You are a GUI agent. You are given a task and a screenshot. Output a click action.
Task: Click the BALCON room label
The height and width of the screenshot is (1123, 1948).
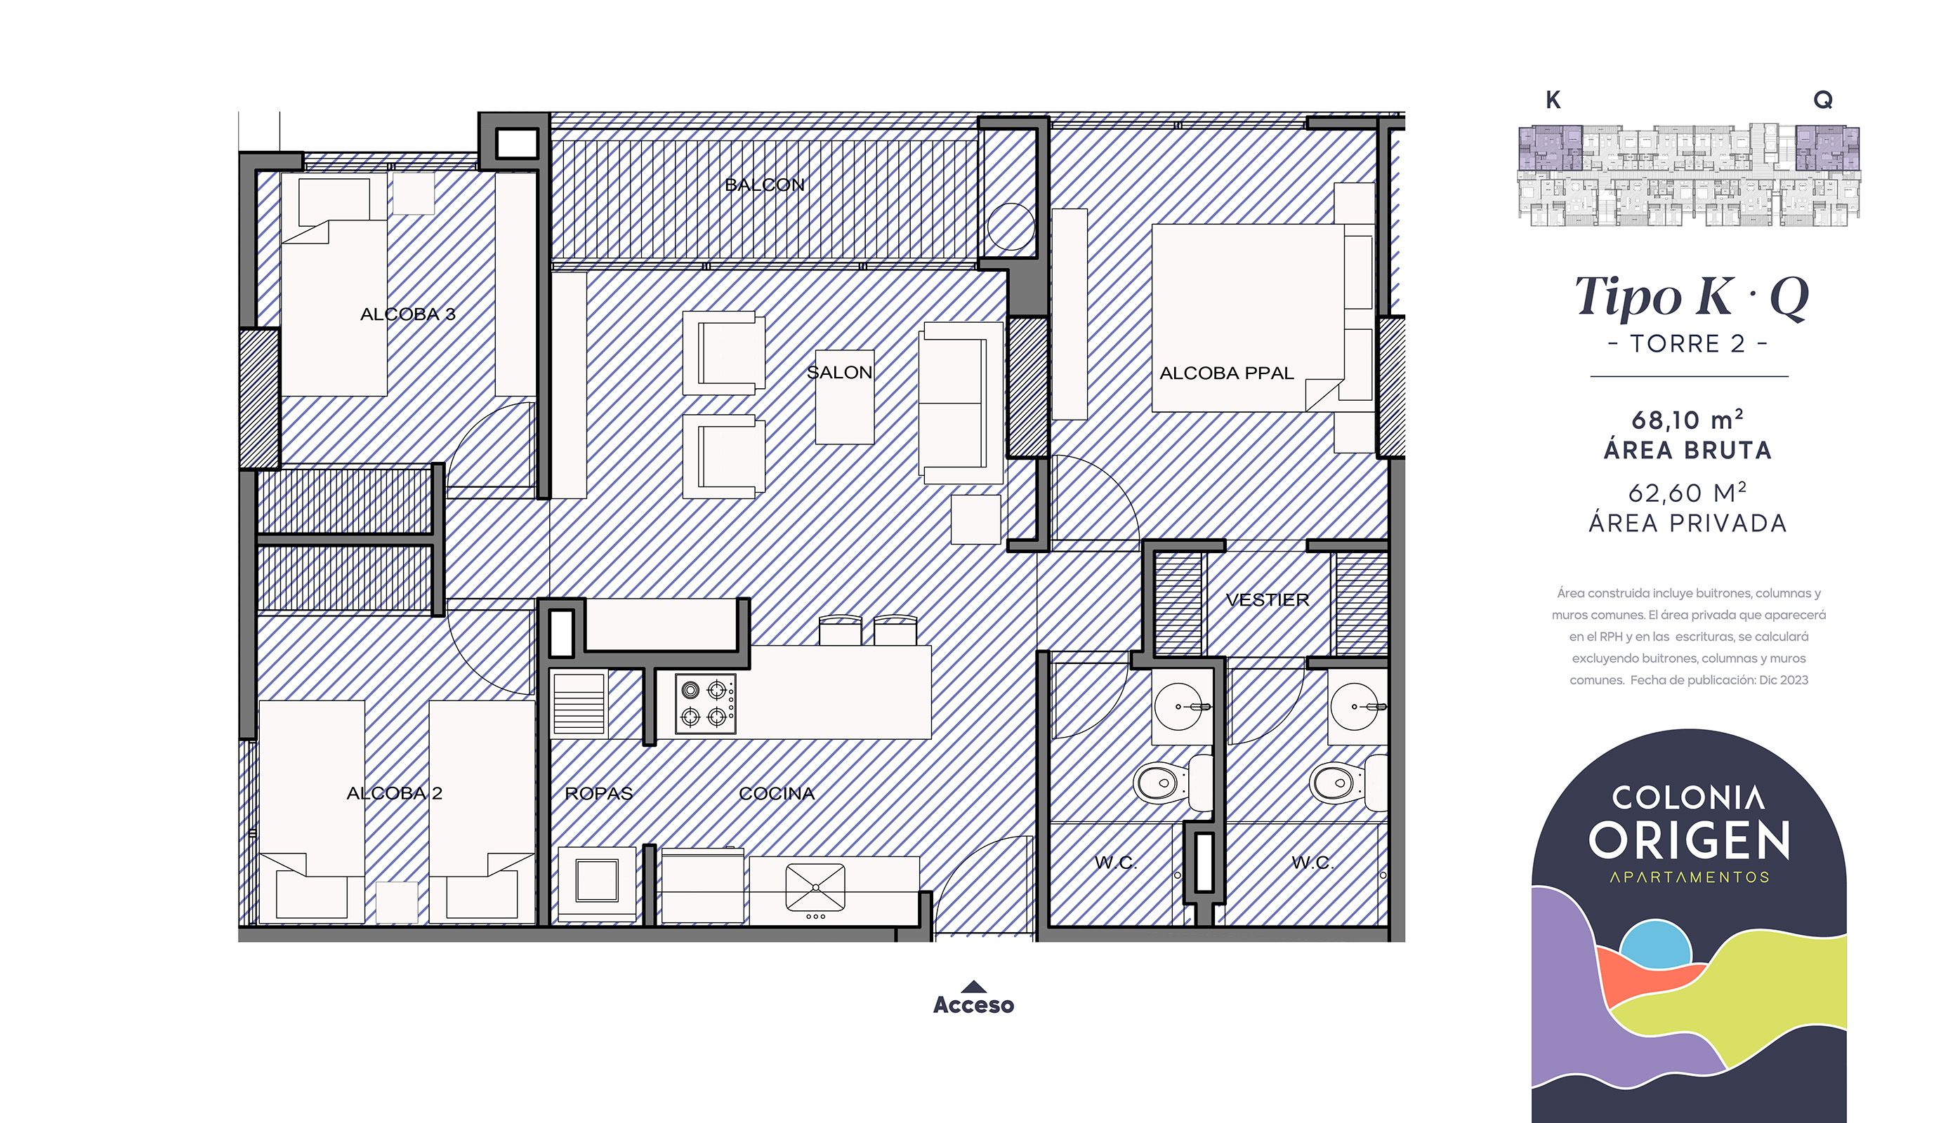pos(765,185)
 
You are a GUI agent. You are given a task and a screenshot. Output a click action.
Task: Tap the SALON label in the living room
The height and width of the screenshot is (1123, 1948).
pos(839,373)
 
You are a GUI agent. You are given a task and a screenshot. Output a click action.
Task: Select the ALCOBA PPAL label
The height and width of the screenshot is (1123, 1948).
pos(1226,373)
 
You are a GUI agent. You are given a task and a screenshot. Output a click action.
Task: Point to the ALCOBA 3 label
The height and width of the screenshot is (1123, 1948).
pos(407,314)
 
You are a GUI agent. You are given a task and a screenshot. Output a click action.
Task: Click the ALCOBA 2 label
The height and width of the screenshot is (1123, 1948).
pos(394,793)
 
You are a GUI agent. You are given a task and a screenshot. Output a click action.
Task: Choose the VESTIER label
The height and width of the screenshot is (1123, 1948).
pos(1267,600)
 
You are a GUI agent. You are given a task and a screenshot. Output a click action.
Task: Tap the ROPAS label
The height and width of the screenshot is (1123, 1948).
pos(599,794)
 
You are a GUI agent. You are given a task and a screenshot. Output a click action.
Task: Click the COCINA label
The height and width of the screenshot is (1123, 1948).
pos(776,794)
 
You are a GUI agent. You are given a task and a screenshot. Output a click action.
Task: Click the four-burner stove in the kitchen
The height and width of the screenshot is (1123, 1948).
pos(705,703)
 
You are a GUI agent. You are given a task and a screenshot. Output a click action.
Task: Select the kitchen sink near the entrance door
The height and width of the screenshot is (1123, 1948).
pos(815,886)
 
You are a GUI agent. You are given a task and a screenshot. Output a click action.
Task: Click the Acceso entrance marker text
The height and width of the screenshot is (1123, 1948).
pos(973,1005)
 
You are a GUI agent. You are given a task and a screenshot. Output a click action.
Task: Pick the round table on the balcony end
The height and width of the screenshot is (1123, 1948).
pos(1011,226)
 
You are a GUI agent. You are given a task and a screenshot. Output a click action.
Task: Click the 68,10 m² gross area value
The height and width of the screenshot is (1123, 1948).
pos(1687,420)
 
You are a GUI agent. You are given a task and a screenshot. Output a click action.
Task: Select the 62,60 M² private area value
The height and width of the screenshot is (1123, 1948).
pos(1687,493)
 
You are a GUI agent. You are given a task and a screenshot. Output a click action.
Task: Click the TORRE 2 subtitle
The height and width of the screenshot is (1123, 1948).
pos(1688,344)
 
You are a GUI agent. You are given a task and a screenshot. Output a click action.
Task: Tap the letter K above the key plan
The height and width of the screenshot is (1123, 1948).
pos(1553,100)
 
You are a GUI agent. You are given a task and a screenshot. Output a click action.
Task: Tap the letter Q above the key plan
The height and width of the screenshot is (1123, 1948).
pos(1822,100)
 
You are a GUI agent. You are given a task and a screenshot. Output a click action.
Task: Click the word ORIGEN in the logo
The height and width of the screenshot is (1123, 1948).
pos(1689,841)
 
